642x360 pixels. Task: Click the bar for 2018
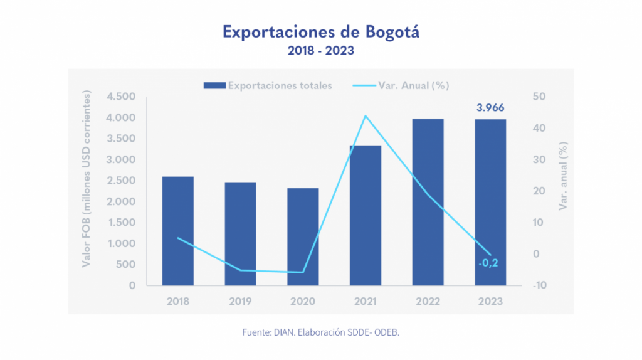177,231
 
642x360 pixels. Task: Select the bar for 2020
303,236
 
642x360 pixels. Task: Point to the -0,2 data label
488,263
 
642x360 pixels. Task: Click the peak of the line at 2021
366,116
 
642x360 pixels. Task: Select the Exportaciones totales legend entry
268,85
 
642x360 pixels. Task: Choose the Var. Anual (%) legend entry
401,85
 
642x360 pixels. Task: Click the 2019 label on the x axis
240,301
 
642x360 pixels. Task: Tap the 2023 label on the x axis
490,301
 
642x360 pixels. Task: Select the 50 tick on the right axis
539,97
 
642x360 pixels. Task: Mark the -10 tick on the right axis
538,285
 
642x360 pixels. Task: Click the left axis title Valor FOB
87,179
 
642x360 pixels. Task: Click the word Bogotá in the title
392,31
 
